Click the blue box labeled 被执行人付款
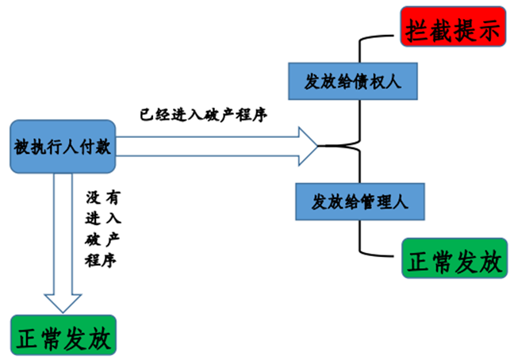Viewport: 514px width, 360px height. (61, 147)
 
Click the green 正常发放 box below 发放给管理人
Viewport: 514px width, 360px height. (454, 259)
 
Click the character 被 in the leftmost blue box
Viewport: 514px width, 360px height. (21, 147)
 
